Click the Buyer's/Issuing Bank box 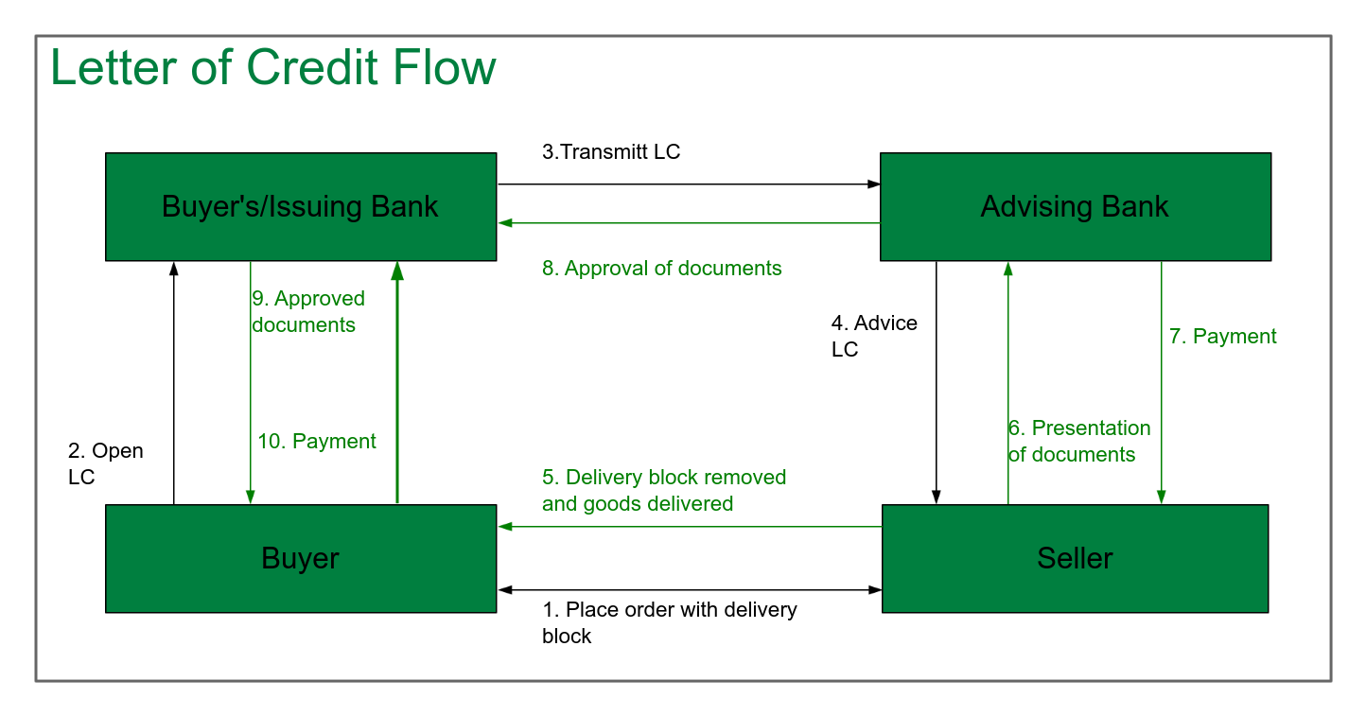(x=300, y=206)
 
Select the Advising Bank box (x=1075, y=206)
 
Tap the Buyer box (x=300, y=558)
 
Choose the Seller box (x=1075, y=558)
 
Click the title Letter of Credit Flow (x=272, y=68)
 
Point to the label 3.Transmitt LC (x=610, y=151)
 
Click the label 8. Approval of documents (x=661, y=269)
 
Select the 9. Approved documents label (x=307, y=311)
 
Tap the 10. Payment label (x=316, y=441)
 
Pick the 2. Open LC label (x=105, y=463)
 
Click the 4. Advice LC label (x=873, y=336)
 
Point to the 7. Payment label (x=1222, y=336)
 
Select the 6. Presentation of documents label (x=1078, y=441)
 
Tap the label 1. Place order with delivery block (x=669, y=622)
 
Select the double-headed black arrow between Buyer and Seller (x=689, y=590)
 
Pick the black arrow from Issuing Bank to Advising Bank (x=689, y=184)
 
